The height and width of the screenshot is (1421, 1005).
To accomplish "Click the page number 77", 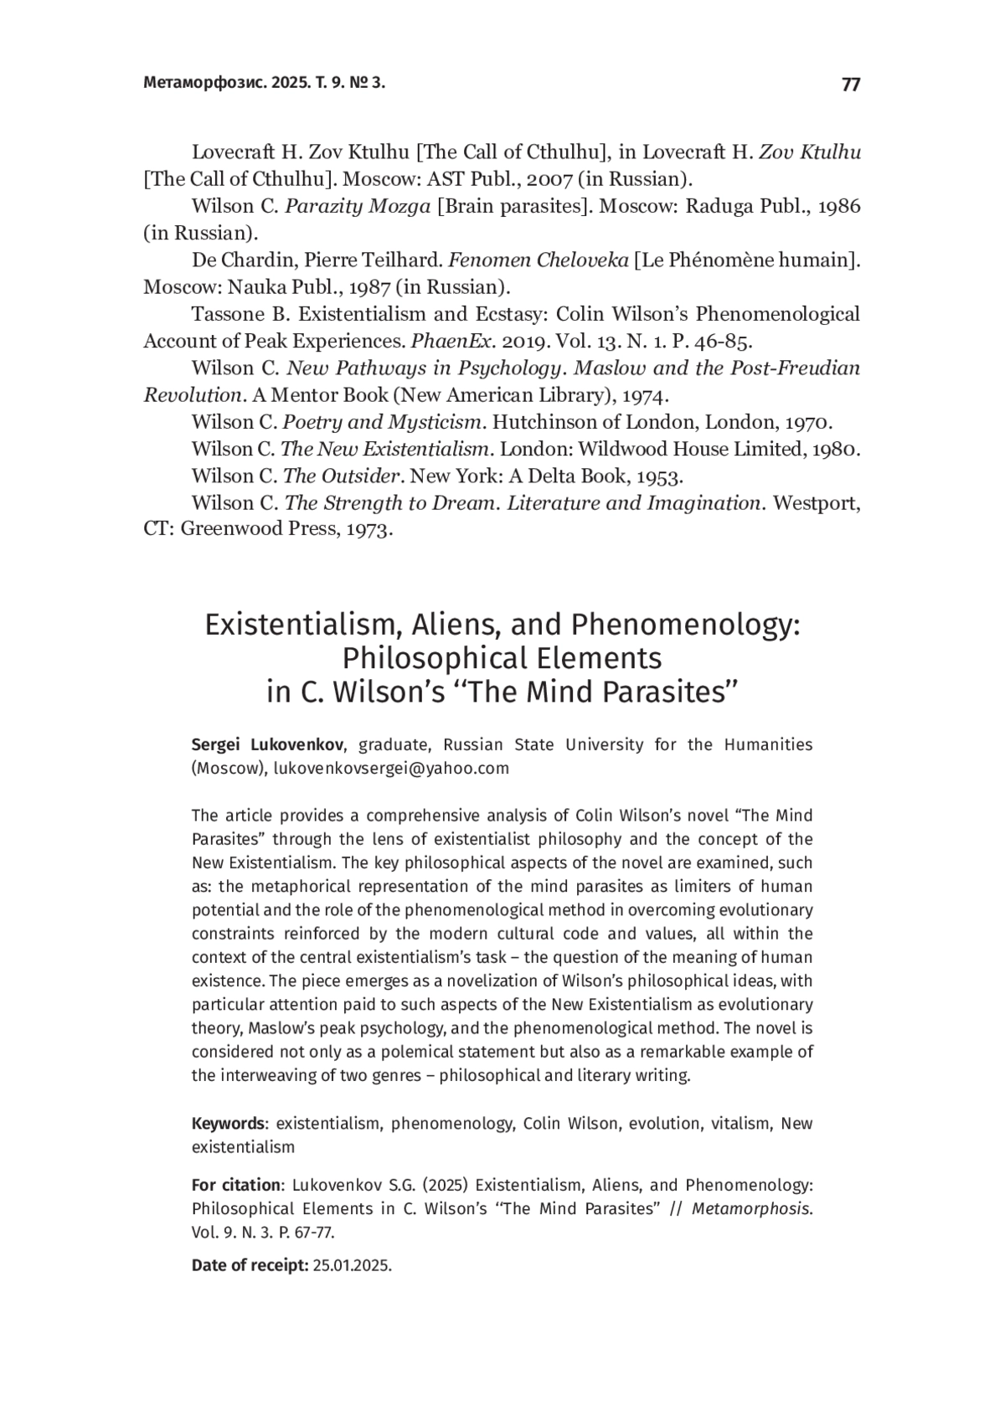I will [850, 85].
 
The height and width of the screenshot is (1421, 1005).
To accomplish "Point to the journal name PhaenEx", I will [452, 341].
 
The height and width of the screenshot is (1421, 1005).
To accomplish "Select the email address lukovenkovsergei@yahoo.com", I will [391, 769].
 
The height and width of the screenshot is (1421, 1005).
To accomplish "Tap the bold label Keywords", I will [228, 1124].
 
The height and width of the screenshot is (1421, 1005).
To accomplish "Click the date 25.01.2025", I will [351, 1266].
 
